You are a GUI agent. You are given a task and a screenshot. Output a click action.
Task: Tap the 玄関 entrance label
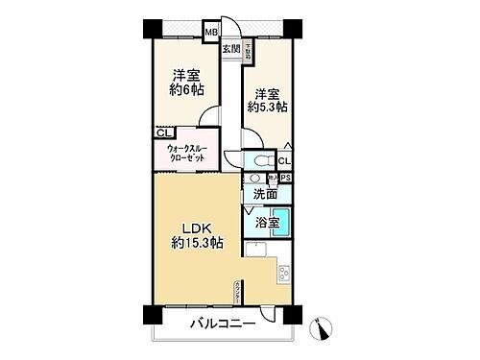click(231, 48)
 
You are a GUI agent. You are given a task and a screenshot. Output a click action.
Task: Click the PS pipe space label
click(285, 177)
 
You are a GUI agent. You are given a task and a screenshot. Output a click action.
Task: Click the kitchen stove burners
click(285, 275)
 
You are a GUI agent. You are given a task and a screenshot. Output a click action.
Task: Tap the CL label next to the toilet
click(284, 160)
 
